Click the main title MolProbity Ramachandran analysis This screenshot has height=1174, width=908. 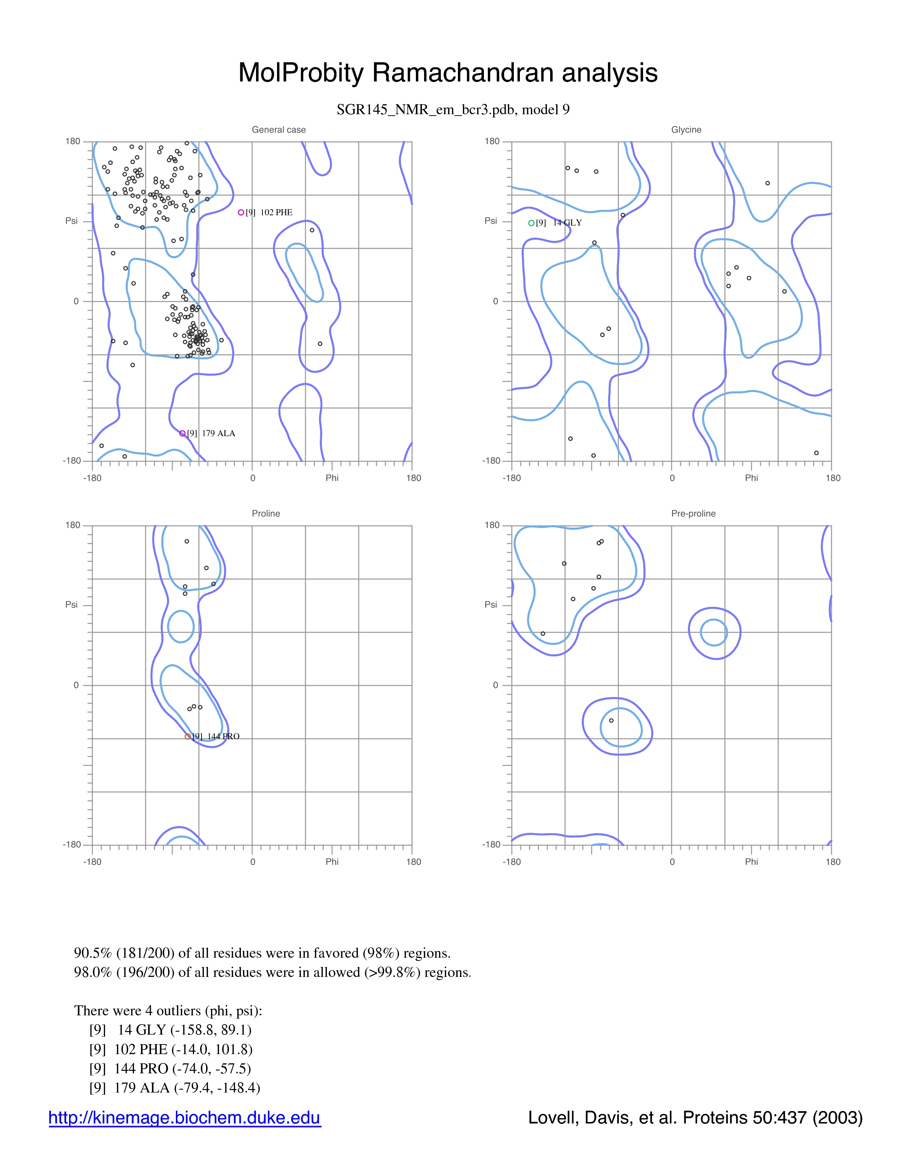[x=448, y=73]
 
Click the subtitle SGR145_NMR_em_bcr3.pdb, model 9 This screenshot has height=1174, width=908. [x=453, y=110]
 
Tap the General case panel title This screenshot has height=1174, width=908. [x=279, y=129]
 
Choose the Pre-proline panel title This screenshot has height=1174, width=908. [x=693, y=513]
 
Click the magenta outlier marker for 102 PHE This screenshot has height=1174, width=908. [x=241, y=212]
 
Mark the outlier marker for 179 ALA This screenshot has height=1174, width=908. [x=182, y=433]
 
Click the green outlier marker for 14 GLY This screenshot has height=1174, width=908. [x=531, y=223]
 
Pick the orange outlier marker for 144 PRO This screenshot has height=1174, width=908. [x=187, y=736]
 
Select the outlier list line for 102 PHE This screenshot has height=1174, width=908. [x=171, y=1049]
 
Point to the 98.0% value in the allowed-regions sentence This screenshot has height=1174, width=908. [x=93, y=972]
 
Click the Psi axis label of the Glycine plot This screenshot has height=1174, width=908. [x=491, y=221]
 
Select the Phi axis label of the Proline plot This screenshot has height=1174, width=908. [x=332, y=862]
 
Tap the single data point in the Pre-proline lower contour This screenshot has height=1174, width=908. [x=611, y=720]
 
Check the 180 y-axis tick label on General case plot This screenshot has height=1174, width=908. [x=73, y=141]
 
